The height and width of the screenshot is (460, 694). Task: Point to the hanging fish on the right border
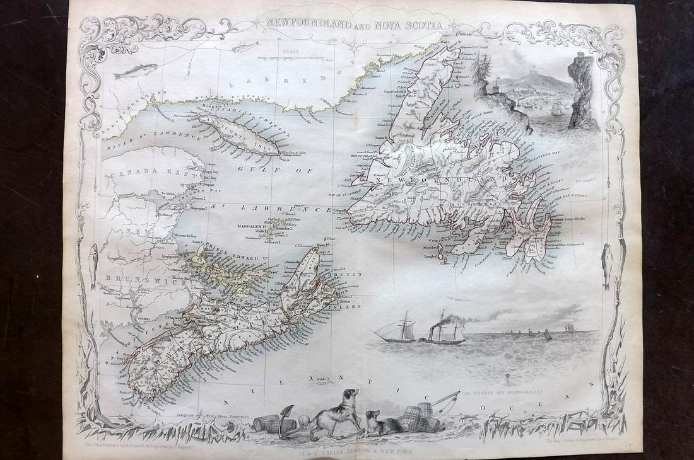pyautogui.click(x=607, y=265)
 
